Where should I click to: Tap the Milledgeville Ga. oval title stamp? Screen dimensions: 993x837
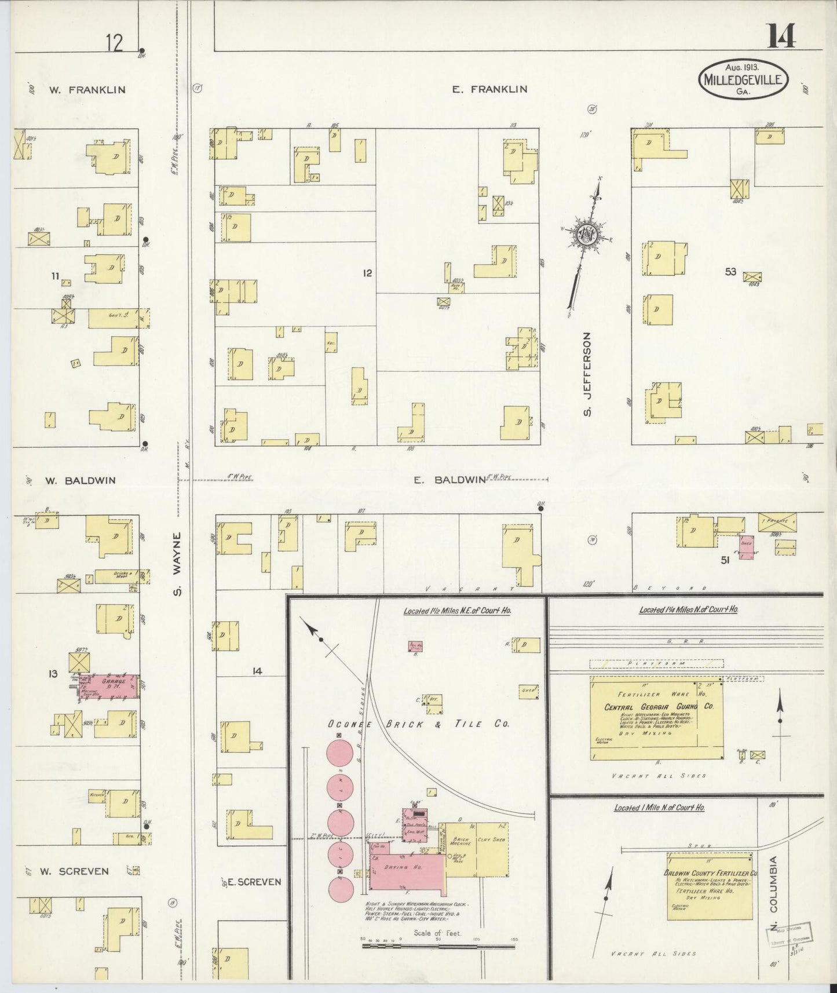(x=744, y=79)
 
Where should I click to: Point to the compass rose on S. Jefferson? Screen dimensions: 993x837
(x=590, y=235)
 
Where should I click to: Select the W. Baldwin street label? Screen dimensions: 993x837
(x=82, y=480)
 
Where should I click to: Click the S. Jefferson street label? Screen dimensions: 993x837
(x=587, y=374)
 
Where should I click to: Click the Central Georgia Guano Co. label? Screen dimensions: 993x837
(x=659, y=706)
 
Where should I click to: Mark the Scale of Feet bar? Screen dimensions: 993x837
(x=438, y=946)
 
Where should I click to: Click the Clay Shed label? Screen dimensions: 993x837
(x=491, y=839)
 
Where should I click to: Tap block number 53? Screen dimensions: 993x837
(x=730, y=271)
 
